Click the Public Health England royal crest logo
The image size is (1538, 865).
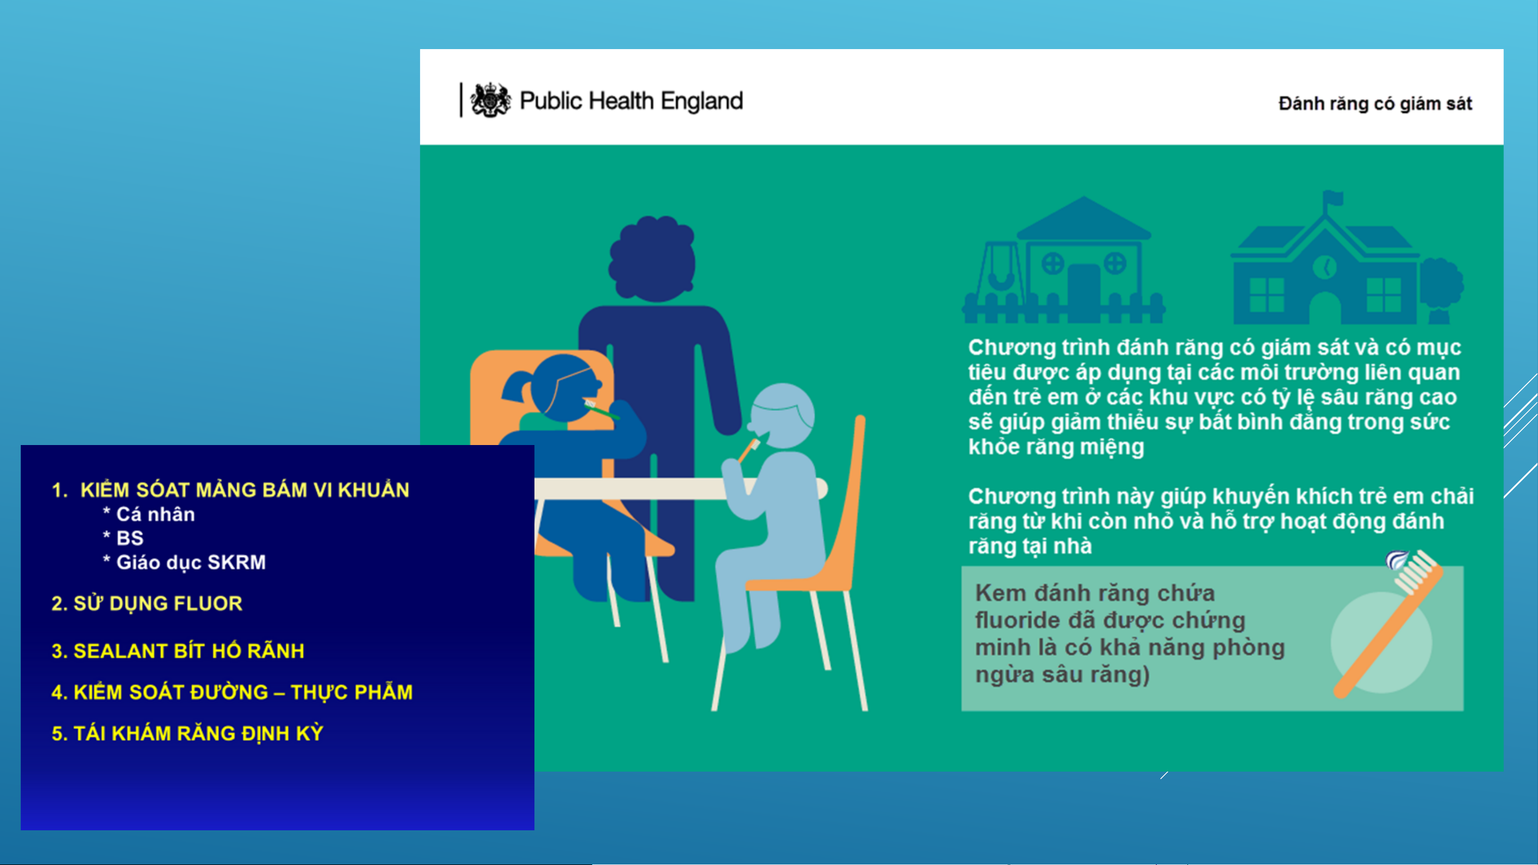pyautogui.click(x=490, y=100)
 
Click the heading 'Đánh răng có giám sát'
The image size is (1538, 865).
pyautogui.click(x=1375, y=104)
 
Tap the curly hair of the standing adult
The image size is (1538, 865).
pyautogui.click(x=652, y=258)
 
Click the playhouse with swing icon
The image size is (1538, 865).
pyautogui.click(x=1063, y=259)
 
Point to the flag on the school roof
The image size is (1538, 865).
pyautogui.click(x=1332, y=199)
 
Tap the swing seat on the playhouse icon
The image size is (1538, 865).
pyautogui.click(x=1002, y=280)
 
